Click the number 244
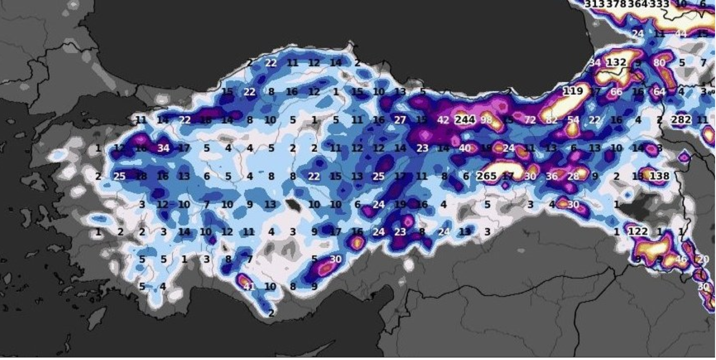point(465,120)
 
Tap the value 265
point(486,176)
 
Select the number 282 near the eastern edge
point(681,120)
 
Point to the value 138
point(659,176)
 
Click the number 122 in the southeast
point(638,232)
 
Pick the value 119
point(573,91)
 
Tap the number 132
point(616,63)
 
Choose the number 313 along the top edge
point(595,5)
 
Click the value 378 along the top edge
point(616,5)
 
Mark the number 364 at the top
point(638,5)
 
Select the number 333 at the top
point(659,5)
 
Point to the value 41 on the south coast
point(249,287)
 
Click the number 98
point(486,120)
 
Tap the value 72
point(530,120)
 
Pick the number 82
point(552,120)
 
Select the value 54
point(573,120)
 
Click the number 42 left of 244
point(443,120)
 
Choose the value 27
point(400,120)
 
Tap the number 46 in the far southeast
point(681,260)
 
